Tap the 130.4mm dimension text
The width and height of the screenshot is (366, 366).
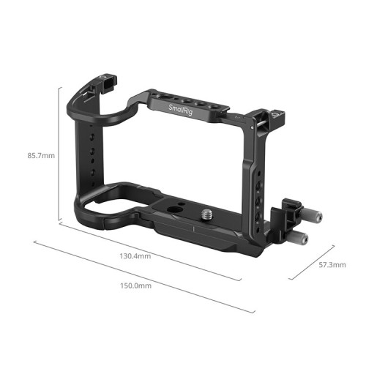pyautogui.click(x=135, y=256)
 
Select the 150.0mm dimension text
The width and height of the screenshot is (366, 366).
pyautogui.click(x=135, y=286)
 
